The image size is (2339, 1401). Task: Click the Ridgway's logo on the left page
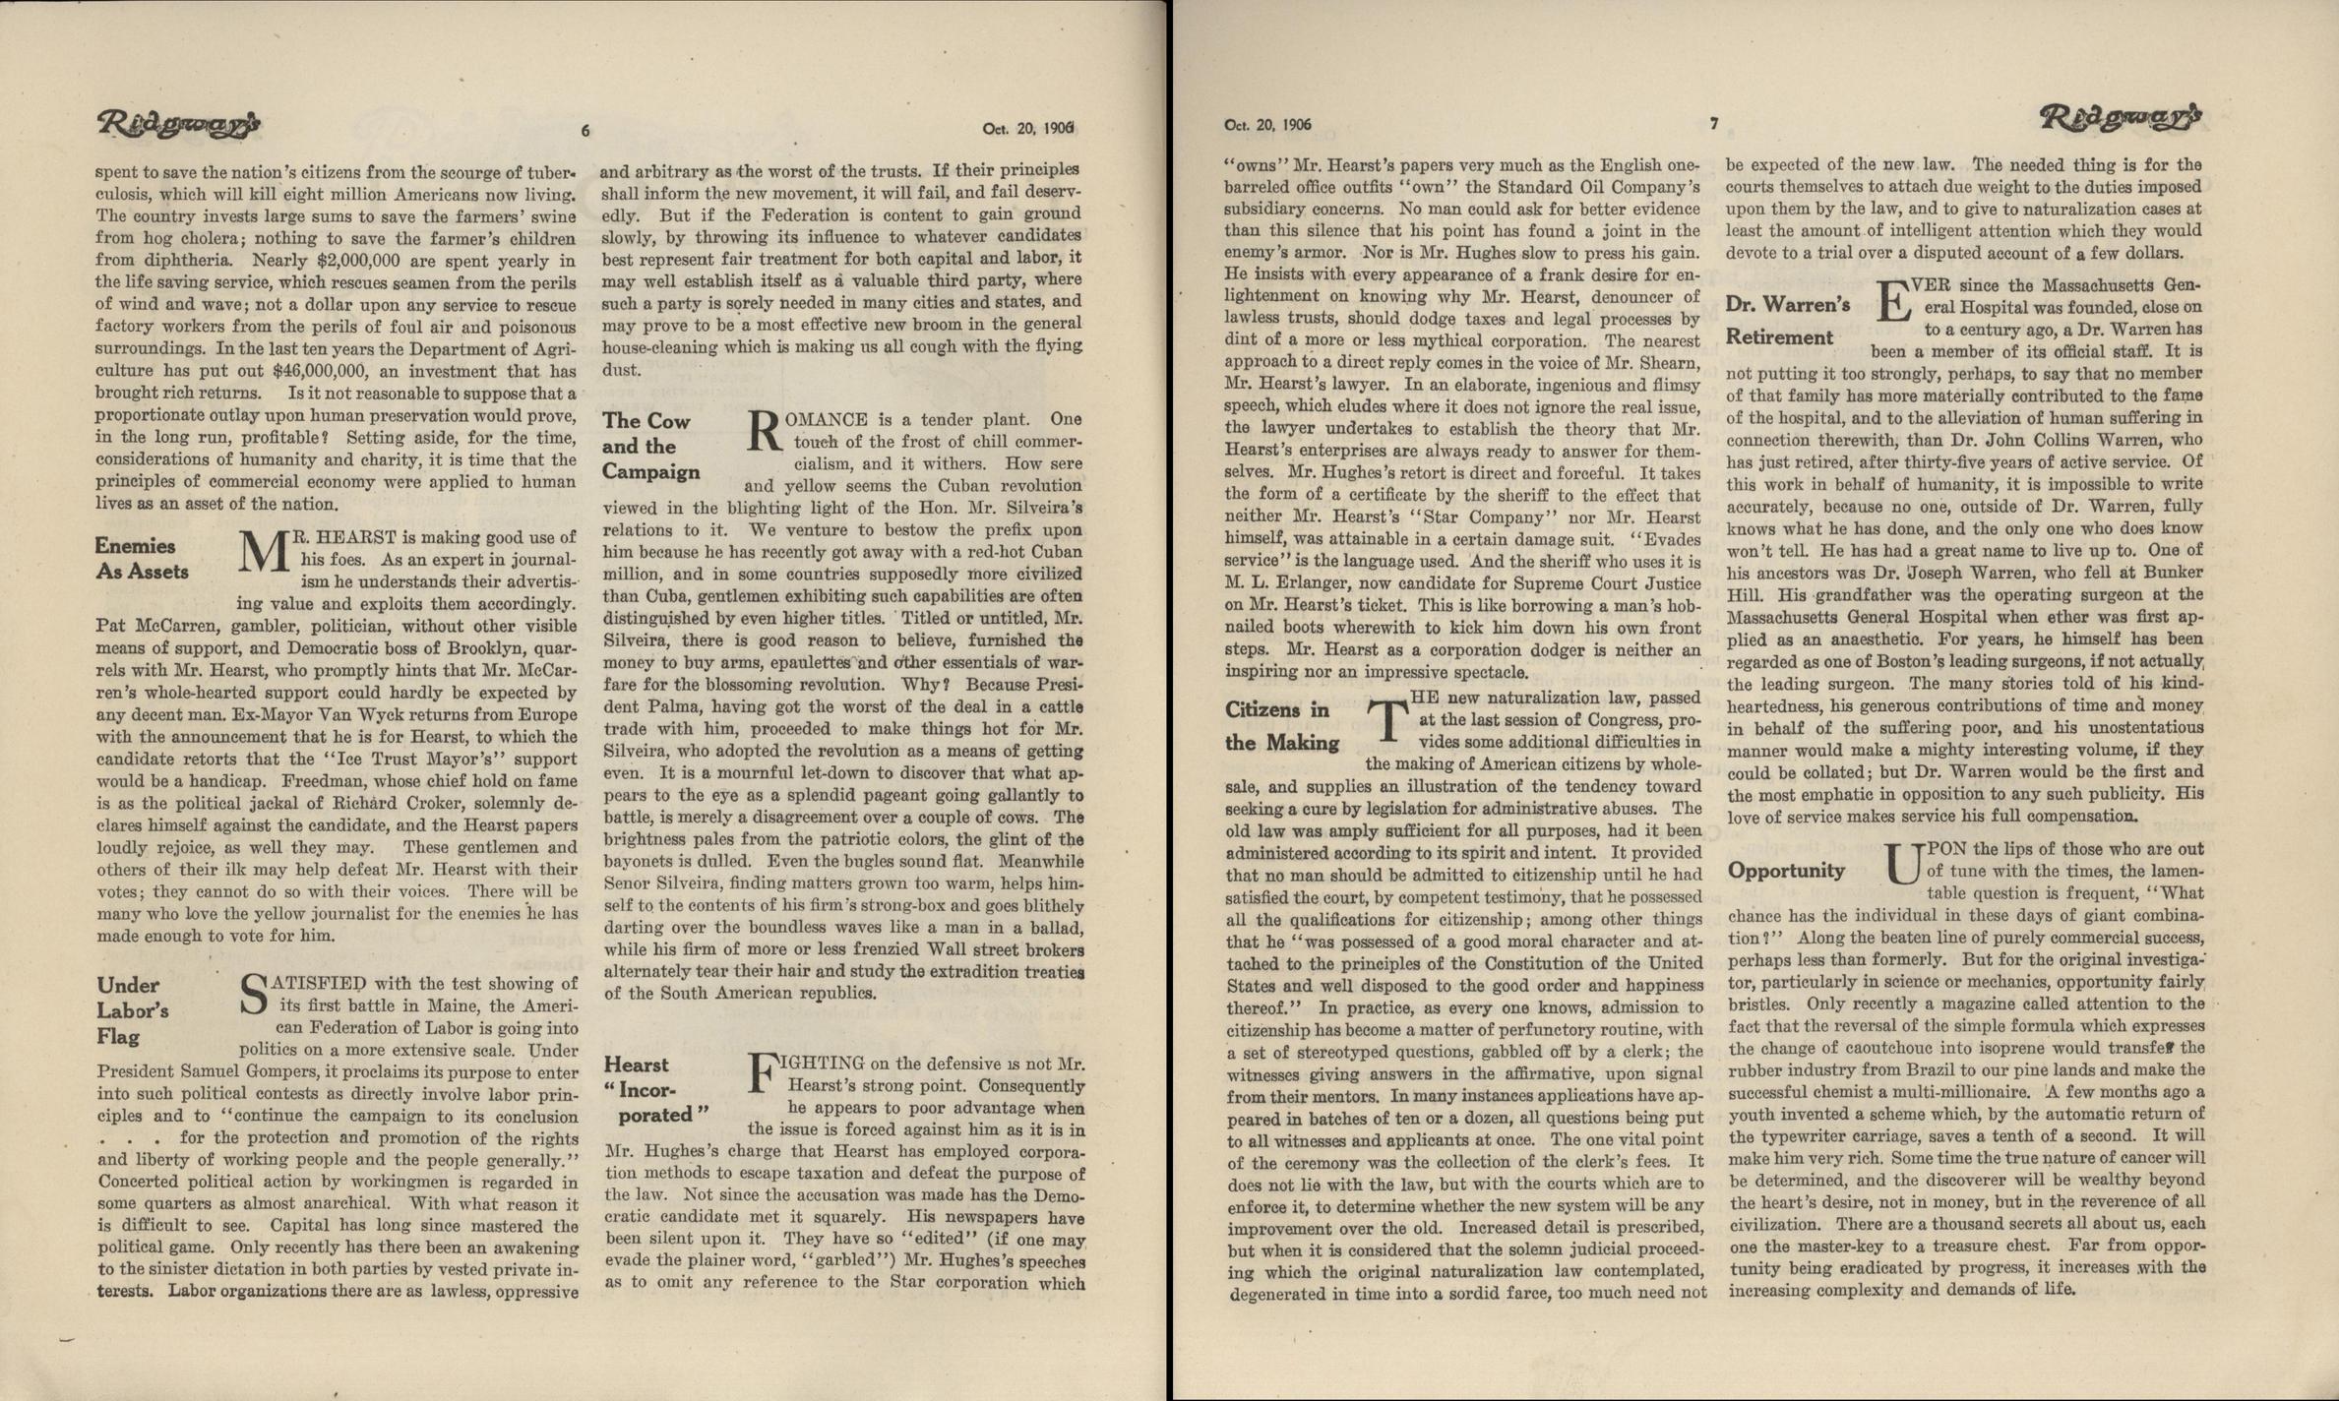178,124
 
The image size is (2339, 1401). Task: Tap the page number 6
585,130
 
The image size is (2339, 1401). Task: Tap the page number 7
1713,124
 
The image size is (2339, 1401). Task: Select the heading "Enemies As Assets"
142,558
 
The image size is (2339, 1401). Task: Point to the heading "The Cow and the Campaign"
650,446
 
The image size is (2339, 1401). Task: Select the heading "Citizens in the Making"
1281,726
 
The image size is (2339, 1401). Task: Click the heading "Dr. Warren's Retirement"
1787,321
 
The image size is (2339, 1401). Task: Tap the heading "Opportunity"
1786,871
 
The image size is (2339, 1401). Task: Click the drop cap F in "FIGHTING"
764,1073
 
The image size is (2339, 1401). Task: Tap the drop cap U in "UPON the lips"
1902,863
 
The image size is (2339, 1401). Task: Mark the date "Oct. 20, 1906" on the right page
1267,126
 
